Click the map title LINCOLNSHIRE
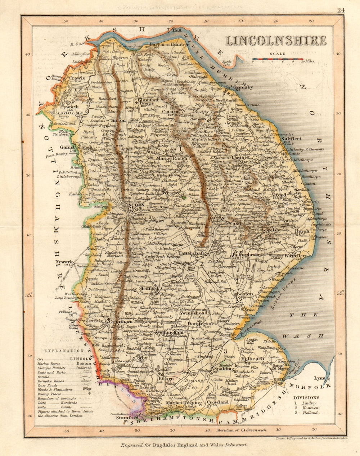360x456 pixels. pyautogui.click(x=276, y=41)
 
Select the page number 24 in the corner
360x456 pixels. pyautogui.click(x=341, y=10)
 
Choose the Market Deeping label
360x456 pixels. pyautogui.click(x=183, y=403)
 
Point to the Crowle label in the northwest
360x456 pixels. pyautogui.click(x=77, y=78)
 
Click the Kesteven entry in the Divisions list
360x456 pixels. pyautogui.click(x=309, y=408)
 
